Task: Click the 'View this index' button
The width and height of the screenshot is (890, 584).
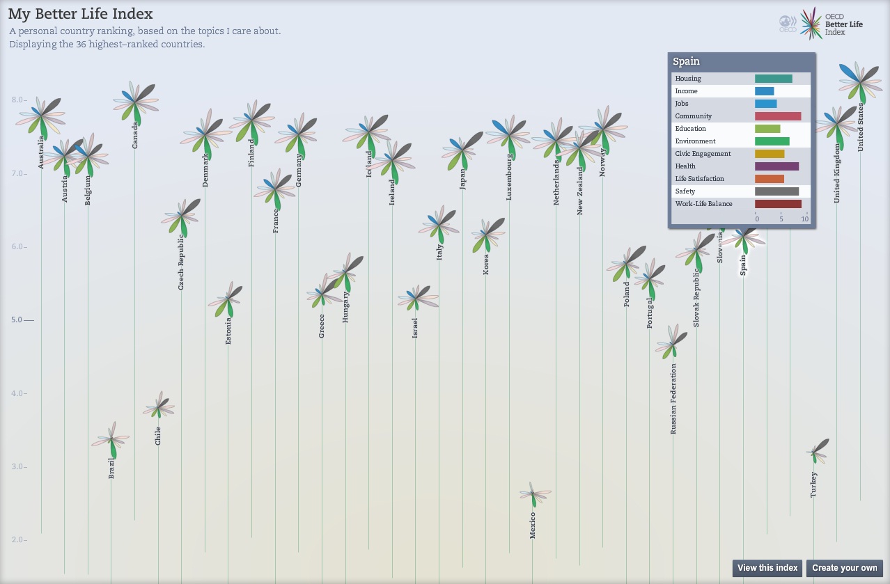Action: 767,568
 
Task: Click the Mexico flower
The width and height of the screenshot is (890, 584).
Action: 533,495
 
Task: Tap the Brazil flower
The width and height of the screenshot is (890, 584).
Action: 111,440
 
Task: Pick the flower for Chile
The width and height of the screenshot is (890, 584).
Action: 159,409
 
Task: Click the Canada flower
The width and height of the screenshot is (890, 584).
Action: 135,102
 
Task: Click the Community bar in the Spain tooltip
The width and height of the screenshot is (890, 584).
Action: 778,116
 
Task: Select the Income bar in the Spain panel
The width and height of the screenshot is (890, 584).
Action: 764,91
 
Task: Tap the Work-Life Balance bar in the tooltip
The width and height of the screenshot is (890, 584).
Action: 778,204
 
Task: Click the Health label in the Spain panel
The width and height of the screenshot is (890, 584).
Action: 685,166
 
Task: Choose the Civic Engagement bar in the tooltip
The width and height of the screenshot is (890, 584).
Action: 770,154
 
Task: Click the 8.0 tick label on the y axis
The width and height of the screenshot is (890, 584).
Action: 18,100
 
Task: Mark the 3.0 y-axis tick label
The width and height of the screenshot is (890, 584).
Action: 18,467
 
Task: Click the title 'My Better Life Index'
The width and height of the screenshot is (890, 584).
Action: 81,14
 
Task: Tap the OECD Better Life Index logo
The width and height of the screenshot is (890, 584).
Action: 822,24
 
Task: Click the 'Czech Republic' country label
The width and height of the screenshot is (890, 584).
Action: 181,262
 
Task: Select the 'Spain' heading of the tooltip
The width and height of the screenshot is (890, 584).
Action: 687,61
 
